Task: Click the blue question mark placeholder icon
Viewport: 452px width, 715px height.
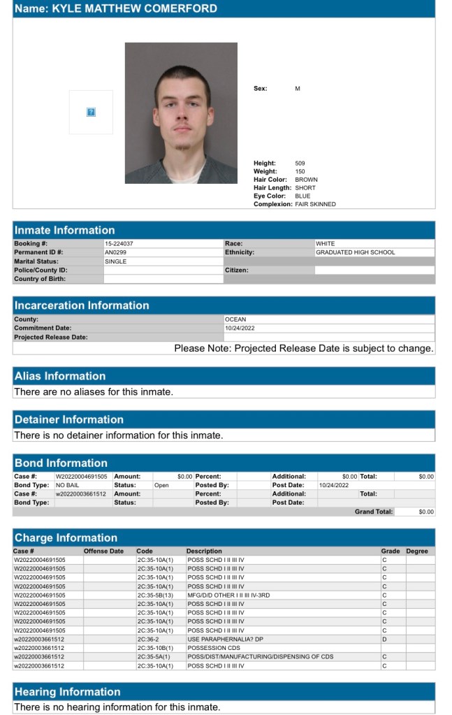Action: [x=90, y=112]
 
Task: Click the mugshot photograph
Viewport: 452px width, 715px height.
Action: [x=181, y=113]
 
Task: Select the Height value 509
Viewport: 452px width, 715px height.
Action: [x=300, y=164]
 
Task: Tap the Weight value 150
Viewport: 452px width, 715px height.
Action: [x=300, y=171]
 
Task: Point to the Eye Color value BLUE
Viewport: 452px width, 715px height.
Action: [x=302, y=196]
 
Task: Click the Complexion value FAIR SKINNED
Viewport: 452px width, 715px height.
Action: [x=315, y=204]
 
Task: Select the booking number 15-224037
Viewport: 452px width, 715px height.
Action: [x=119, y=244]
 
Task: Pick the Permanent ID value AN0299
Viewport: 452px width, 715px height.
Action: [x=115, y=252]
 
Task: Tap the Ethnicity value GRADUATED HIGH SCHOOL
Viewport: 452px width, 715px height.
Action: [x=355, y=252]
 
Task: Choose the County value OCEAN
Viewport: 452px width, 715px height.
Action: [x=235, y=319]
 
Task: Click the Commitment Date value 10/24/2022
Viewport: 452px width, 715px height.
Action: [x=240, y=328]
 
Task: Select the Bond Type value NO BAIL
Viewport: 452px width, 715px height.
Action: [x=68, y=484]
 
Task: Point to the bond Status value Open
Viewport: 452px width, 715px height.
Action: [x=161, y=484]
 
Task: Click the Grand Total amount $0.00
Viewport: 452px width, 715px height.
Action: [x=426, y=512]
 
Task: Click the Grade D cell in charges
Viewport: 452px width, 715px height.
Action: [x=384, y=639]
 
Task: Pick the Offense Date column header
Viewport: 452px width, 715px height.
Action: [x=103, y=551]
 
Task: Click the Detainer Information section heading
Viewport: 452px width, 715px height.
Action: [x=69, y=419]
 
